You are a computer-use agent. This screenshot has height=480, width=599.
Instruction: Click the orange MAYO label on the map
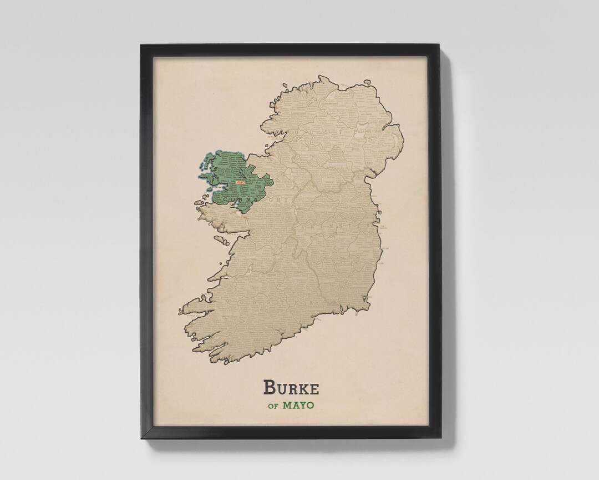coord(240,182)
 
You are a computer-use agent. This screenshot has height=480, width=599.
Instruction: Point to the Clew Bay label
coord(219,188)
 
